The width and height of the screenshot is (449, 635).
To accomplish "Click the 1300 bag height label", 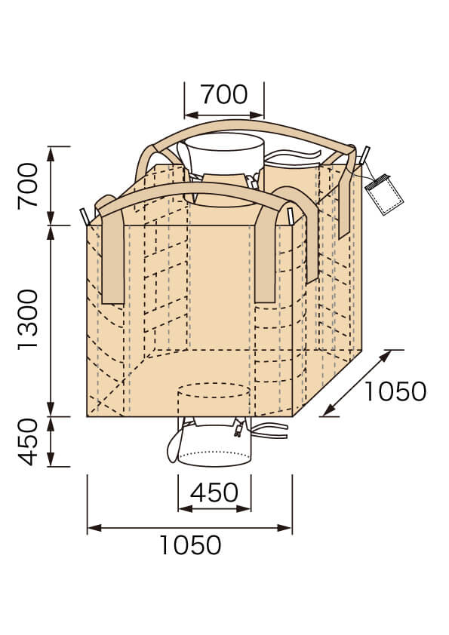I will tap(29, 319).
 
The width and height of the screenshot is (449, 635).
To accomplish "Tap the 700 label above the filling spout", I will tap(224, 94).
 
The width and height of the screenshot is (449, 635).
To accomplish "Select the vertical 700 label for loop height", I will tap(29, 186).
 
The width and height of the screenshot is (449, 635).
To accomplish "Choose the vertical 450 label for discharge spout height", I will tap(29, 442).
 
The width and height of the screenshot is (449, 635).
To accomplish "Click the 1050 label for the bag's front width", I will tap(190, 545).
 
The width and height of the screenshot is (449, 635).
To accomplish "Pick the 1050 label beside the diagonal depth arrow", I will tap(395, 391).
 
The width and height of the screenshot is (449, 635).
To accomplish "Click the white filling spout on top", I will tap(224, 155).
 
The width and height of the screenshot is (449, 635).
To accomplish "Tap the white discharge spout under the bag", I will tap(209, 447).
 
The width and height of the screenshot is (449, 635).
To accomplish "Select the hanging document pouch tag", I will tap(384, 195).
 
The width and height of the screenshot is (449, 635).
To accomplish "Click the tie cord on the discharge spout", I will tap(268, 432).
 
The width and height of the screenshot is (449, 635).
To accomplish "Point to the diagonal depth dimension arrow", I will tap(357, 383).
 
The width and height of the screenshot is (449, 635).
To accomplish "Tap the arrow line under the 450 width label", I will tap(214, 509).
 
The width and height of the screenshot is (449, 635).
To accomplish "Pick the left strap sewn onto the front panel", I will tap(112, 260).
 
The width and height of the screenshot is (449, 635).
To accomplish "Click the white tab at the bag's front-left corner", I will tap(85, 216).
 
